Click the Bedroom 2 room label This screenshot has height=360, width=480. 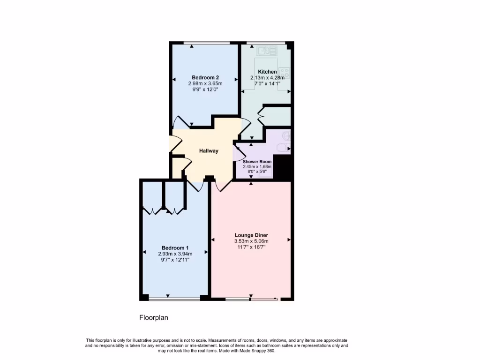pyautogui.click(x=205, y=77)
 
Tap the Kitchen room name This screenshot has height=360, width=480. pyautogui.click(x=264, y=72)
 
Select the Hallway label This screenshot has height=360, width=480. pyautogui.click(x=209, y=151)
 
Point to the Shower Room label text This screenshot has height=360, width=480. pyautogui.click(x=257, y=162)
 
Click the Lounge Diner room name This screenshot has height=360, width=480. pyautogui.click(x=251, y=235)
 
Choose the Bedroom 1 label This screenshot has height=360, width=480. pyautogui.click(x=175, y=248)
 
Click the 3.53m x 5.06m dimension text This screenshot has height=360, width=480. pyautogui.click(x=251, y=241)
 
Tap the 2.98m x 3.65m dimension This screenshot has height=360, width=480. pyautogui.click(x=205, y=83)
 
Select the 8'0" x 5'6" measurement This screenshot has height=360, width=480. pyautogui.click(x=257, y=172)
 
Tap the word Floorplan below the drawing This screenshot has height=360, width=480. pyautogui.click(x=154, y=318)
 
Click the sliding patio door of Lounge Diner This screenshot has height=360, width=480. pyautogui.click(x=264, y=299)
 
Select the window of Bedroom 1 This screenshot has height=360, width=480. pyautogui.click(x=175, y=299)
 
